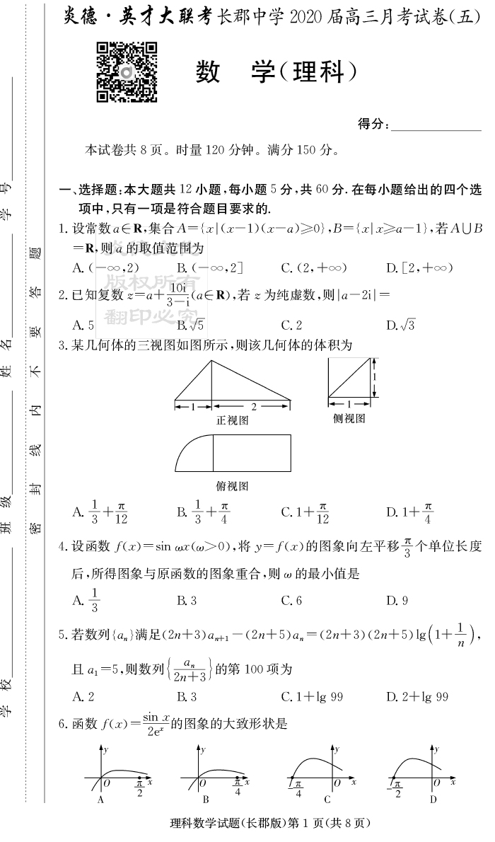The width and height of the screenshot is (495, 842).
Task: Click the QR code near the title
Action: click(127, 72)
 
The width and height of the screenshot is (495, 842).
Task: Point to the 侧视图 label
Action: click(349, 418)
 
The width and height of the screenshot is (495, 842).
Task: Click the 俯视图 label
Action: click(233, 486)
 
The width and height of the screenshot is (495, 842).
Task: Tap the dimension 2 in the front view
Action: click(253, 406)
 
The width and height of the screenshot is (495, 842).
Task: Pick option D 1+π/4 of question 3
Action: click(409, 511)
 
